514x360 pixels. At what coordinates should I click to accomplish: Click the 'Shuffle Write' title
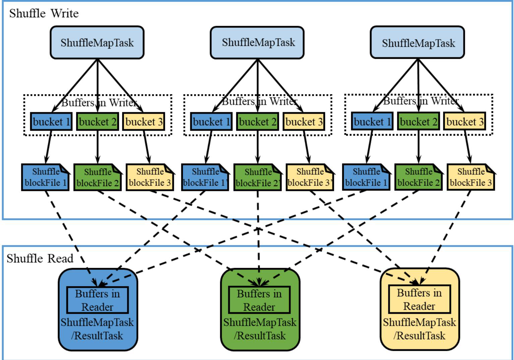click(44, 13)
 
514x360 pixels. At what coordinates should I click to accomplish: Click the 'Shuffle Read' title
click(40, 259)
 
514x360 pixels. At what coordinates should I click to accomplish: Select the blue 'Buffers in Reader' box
click(98, 300)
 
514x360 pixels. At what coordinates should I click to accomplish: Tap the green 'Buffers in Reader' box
click(259, 300)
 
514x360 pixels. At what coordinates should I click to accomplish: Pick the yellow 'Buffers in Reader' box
click(419, 299)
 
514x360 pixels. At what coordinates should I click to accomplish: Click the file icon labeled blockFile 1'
click(205, 177)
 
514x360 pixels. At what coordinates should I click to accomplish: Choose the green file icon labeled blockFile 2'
click(257, 177)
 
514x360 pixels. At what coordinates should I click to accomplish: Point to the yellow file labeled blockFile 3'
click(310, 177)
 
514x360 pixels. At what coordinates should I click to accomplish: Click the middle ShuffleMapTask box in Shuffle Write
click(257, 43)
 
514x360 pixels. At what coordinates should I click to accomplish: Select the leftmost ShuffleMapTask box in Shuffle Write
click(97, 43)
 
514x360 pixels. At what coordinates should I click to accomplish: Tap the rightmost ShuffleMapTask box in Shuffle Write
click(417, 43)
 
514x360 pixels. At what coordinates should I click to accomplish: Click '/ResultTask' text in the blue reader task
click(97, 336)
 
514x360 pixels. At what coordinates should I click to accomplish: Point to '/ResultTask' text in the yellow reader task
click(420, 336)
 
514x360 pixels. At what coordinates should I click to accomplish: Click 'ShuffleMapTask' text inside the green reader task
click(260, 322)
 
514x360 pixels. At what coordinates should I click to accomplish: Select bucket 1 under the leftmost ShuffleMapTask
click(51, 122)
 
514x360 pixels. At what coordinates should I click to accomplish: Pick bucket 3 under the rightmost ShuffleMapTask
click(465, 121)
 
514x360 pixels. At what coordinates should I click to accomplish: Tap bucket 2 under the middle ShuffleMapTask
click(257, 122)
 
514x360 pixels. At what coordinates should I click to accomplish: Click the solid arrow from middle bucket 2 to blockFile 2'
click(258, 147)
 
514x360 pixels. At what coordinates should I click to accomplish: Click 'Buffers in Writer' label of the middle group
click(260, 101)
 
